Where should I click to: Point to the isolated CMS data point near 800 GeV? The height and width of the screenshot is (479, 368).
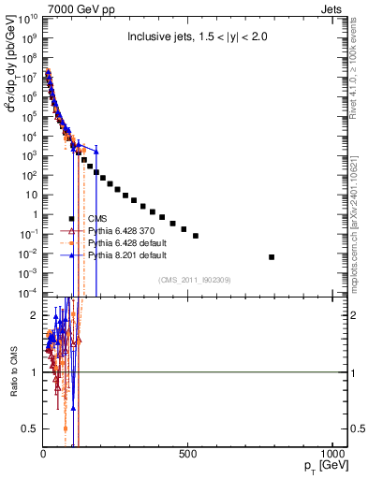(272, 256)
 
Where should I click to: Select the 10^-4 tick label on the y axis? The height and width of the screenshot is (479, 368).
(26, 293)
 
